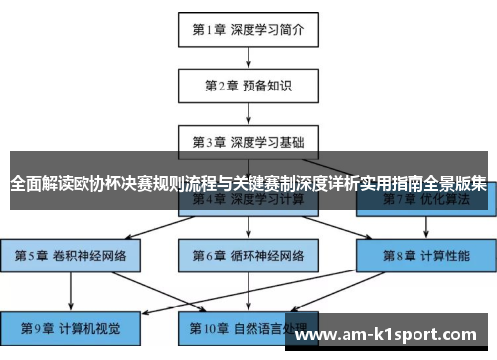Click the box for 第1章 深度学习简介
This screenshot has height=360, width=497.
pos(248,30)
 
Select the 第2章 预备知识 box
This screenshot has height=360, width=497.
pos(248,85)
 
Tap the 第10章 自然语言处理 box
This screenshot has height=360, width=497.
pos(248,326)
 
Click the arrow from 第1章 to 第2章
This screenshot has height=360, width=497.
pos(248,57)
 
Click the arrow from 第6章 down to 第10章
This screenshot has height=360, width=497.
pos(248,290)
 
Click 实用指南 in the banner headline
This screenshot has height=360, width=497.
pos(393,184)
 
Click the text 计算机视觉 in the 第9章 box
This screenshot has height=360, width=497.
pos(90,326)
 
